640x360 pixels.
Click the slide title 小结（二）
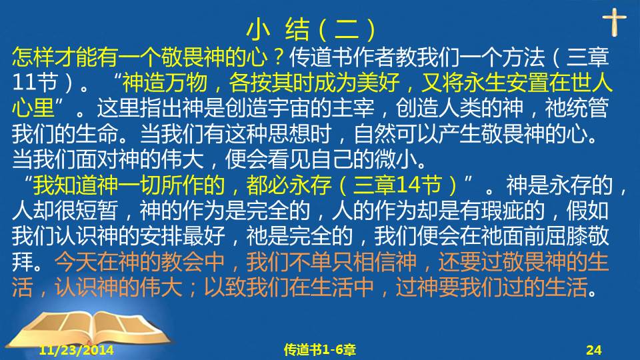click(311, 29)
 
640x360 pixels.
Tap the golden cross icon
click(614, 22)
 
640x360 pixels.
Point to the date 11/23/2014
click(76, 350)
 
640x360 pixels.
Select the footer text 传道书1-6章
click(319, 350)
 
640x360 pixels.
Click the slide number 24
click(594, 350)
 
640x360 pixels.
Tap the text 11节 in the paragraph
click(34, 82)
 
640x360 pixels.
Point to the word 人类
click(459, 108)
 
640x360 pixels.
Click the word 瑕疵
click(502, 211)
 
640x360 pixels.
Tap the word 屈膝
click(566, 236)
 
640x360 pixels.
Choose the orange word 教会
click(183, 261)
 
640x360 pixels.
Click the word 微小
click(395, 159)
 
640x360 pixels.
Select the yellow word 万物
click(186, 82)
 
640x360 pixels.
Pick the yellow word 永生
click(485, 82)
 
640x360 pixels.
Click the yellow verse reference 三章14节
click(397, 185)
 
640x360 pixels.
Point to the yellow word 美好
click(378, 82)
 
